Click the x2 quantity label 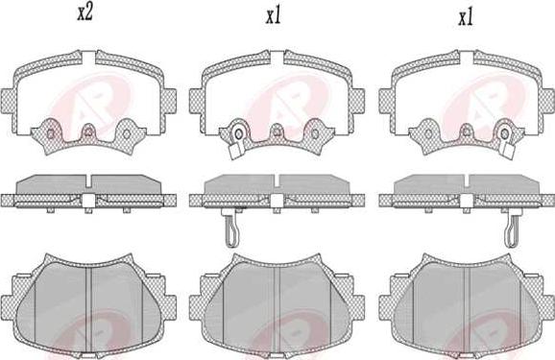coord(84,12)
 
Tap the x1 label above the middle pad coord(274,16)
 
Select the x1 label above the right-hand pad coord(466,17)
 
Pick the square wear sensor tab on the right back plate coord(508,151)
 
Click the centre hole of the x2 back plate coord(88,132)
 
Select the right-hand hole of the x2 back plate coord(127,133)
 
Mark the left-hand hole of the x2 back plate coord(51,133)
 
